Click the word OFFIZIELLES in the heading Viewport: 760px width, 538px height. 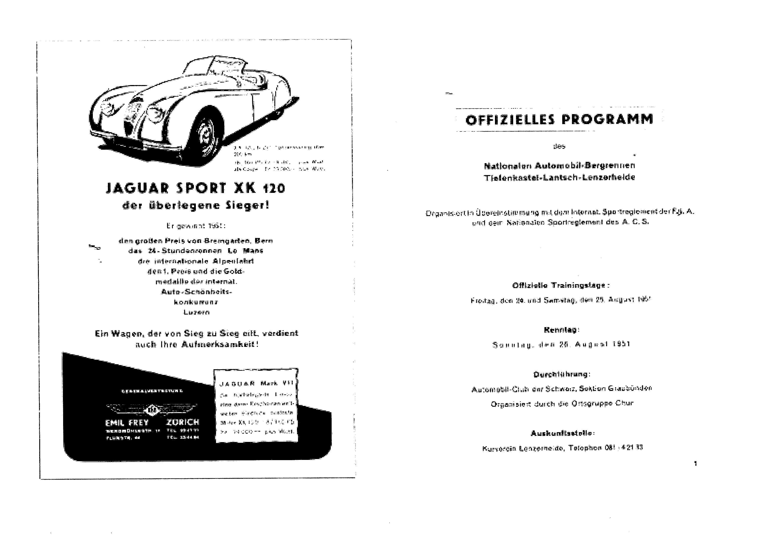510,120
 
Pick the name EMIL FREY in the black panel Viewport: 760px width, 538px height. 127,422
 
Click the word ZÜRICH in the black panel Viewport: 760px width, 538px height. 183,422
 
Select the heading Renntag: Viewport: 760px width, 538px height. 561,330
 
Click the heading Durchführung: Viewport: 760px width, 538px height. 562,374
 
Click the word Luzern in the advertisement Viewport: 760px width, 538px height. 196,312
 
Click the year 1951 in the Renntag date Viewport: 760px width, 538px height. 621,344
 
